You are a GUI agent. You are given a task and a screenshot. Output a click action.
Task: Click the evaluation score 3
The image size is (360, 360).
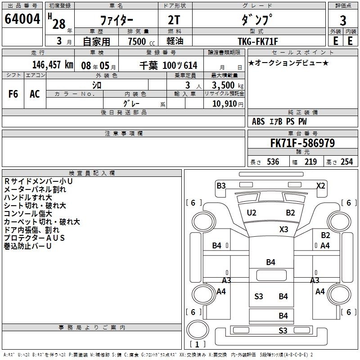343,21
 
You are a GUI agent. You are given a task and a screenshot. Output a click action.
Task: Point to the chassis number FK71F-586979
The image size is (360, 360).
302,144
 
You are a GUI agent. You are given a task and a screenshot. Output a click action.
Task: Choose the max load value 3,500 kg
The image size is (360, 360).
225,85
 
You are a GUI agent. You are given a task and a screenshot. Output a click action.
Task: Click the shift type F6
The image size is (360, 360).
13,94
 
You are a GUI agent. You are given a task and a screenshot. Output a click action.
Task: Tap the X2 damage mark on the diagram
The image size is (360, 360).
320,185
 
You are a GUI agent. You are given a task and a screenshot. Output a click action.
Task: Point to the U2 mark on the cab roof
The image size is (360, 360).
252,212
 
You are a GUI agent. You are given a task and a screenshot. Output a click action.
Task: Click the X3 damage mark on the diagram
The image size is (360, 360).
283,229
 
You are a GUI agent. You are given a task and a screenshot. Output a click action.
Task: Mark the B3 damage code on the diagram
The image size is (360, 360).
221,185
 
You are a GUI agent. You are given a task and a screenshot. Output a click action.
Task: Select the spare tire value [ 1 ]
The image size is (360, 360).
198,344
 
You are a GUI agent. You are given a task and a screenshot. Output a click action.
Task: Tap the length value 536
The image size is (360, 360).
273,162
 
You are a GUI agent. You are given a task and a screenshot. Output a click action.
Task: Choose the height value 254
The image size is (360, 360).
346,162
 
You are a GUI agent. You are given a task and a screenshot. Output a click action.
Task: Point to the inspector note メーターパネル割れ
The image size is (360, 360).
35,189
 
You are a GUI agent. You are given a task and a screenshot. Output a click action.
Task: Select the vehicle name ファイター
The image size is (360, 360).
116,21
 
